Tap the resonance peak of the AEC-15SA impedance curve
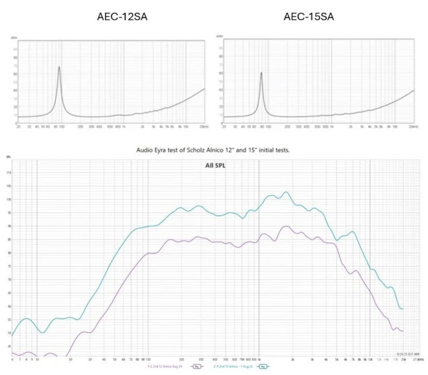click(261, 72)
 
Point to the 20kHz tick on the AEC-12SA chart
click(203, 126)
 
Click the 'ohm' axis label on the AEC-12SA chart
click(14, 37)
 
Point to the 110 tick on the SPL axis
click(8, 172)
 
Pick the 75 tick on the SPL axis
click(8, 280)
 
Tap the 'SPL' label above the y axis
click(8, 157)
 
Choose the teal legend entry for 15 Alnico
click(235, 366)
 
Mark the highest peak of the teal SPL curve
click(286, 192)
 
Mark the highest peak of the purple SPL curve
click(286, 226)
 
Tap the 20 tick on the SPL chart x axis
click(71, 360)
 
